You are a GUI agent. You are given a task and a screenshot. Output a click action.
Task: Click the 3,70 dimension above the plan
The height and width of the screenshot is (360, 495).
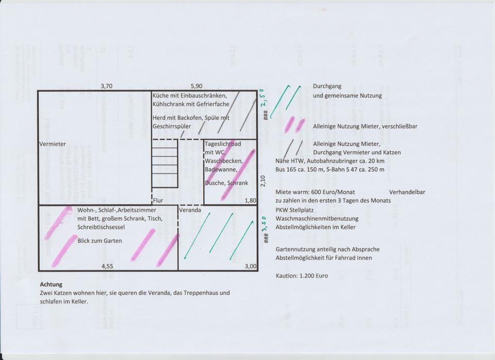tap(106, 86)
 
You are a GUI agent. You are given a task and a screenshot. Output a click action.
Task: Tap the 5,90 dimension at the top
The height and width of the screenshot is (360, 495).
tap(197, 86)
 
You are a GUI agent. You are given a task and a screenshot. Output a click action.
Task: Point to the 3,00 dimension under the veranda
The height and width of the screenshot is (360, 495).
tap(250, 266)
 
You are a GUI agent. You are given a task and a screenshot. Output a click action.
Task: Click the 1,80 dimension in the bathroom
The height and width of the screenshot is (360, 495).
tap(250, 200)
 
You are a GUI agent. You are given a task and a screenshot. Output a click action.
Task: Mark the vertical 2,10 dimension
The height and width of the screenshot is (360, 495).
tap(262, 181)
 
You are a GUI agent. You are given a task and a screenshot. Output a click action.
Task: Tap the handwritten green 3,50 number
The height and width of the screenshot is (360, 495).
tap(264, 224)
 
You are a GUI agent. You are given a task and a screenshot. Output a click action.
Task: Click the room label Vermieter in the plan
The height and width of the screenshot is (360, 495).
tap(53, 144)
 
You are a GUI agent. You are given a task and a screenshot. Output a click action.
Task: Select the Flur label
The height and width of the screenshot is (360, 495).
tap(158, 200)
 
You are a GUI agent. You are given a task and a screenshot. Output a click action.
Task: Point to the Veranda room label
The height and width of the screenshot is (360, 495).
tap(190, 210)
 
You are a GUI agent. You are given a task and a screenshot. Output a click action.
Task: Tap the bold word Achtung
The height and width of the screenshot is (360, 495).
tap(51, 284)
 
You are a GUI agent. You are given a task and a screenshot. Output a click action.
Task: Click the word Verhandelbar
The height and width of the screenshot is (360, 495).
tap(407, 192)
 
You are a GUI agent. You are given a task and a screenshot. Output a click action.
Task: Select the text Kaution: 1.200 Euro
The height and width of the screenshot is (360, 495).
tap(302, 276)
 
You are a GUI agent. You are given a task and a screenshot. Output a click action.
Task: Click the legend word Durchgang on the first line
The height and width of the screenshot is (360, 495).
tap(327, 86)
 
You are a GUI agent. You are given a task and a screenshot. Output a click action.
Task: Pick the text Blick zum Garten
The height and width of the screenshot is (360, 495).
tap(100, 240)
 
